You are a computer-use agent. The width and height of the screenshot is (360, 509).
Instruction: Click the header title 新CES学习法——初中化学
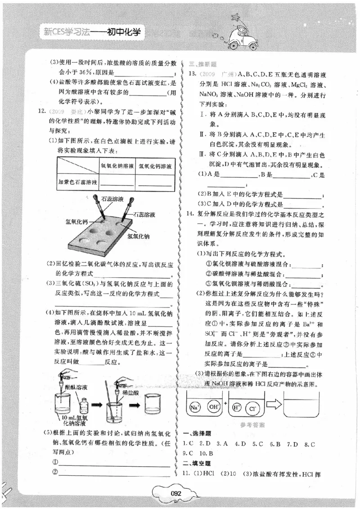tap(91, 32)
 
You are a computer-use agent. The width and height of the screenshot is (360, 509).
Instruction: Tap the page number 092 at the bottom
tap(175, 493)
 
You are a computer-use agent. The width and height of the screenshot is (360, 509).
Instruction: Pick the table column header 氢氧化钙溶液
tap(155, 166)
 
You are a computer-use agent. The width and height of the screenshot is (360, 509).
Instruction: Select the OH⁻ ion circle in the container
tap(213, 407)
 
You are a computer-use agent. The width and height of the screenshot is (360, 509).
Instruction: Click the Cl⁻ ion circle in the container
tap(253, 409)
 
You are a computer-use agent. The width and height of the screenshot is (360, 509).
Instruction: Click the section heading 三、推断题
tap(197, 64)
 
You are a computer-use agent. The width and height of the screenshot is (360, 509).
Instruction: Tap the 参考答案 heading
tap(252, 424)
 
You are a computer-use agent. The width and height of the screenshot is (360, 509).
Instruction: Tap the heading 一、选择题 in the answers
tap(197, 433)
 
